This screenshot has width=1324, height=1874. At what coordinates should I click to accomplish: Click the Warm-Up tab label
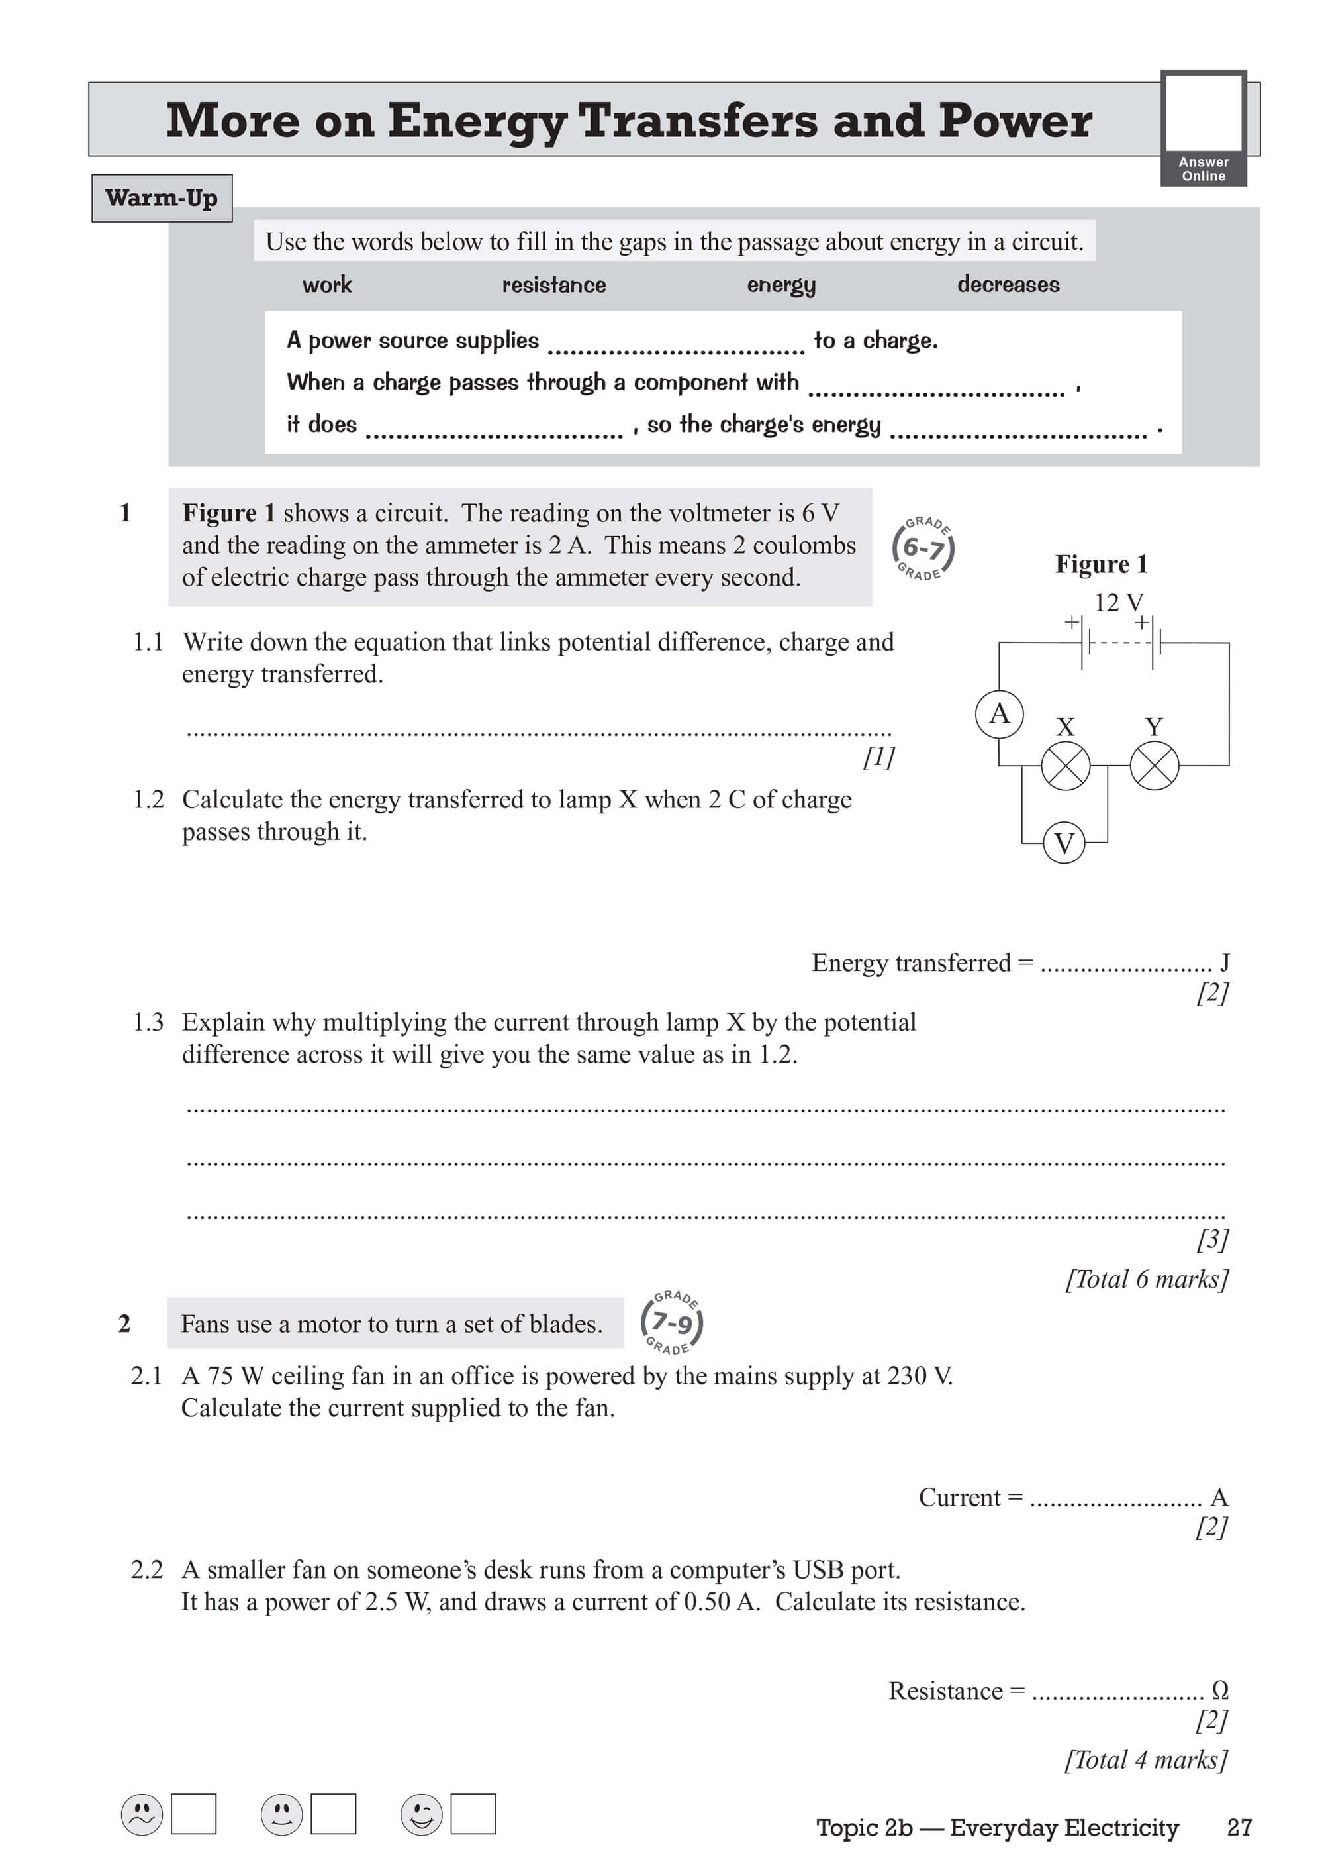click(162, 198)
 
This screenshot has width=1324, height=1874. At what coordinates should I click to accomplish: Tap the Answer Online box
click(1204, 128)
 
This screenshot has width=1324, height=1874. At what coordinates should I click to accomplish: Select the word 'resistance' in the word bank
click(554, 285)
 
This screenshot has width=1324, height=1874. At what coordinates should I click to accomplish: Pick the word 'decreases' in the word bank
click(1008, 285)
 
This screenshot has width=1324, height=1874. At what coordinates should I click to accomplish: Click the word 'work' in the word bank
click(327, 285)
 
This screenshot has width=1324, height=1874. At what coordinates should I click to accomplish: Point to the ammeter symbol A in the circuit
click(1000, 714)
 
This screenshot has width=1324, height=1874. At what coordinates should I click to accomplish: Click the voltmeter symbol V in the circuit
click(1064, 843)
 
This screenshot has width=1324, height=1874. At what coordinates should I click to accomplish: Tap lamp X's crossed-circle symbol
click(1065, 766)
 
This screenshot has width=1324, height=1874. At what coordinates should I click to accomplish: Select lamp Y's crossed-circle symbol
click(1155, 766)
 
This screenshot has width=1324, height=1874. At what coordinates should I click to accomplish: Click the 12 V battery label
click(1118, 602)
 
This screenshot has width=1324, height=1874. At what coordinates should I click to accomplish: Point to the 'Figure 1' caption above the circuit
click(1102, 564)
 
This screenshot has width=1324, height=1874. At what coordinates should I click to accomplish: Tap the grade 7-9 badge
click(672, 1322)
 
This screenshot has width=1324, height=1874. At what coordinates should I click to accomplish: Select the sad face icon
click(142, 1814)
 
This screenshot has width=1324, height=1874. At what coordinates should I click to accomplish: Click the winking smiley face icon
click(421, 1814)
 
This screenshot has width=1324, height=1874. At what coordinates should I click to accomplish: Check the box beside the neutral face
click(333, 1814)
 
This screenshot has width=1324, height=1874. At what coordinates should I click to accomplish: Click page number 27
click(1239, 1828)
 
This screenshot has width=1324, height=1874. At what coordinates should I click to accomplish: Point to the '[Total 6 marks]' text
click(1146, 1279)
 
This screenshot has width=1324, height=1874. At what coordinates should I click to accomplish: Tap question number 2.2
click(147, 1569)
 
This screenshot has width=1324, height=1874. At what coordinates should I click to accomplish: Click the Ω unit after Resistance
click(1220, 1690)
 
